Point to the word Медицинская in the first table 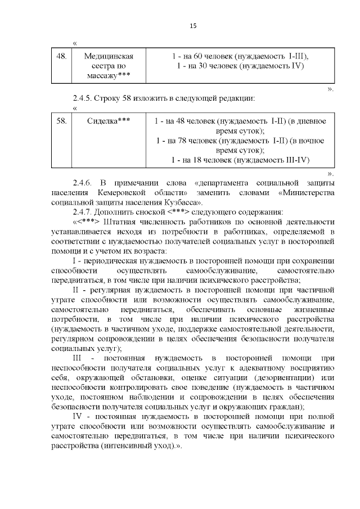pos(108,56)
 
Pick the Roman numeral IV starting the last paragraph pos(78,417)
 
